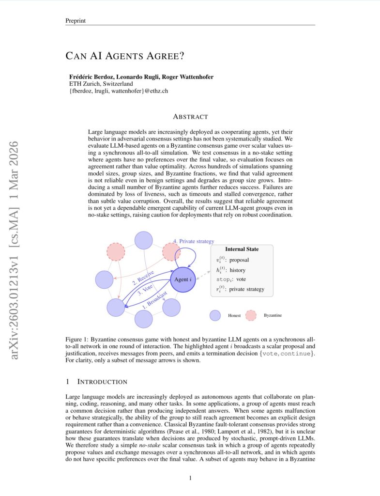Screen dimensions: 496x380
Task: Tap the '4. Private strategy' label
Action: pos(194,241)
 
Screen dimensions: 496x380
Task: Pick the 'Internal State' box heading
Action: pos(242,249)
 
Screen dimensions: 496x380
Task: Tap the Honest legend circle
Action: pos(215,315)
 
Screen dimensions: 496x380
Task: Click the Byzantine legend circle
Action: pos(251,315)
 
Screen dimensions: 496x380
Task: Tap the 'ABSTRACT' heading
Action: pos(190,117)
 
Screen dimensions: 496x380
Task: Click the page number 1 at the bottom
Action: pos(190,479)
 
